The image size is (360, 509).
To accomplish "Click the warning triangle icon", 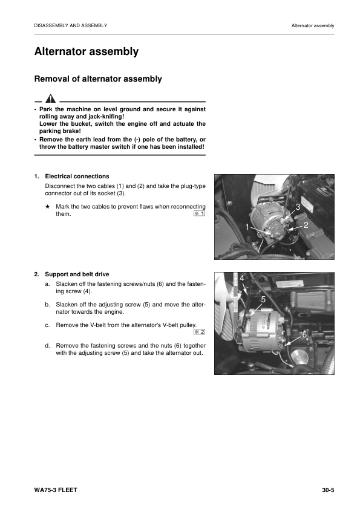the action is tap(50, 98).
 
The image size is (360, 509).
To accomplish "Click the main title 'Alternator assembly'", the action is tap(87, 51).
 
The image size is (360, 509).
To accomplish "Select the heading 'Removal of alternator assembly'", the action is tap(98, 79).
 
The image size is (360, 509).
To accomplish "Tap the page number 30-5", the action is tap(328, 490).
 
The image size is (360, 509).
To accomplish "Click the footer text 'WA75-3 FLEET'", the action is tap(56, 490).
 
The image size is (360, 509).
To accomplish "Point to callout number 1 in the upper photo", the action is tap(247, 227).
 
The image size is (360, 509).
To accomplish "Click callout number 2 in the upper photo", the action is tap(306, 225).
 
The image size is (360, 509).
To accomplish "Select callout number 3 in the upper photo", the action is tap(298, 207).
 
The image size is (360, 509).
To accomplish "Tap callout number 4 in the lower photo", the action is tap(242, 278).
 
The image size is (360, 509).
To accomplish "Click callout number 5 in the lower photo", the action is tap(263, 299).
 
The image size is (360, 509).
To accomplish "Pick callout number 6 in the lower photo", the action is tap(304, 334).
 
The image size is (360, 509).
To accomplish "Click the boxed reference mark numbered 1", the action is tap(200, 213).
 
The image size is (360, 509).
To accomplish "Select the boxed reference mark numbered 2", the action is tap(200, 332).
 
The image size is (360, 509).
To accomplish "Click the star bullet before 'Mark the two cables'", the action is tap(47, 207).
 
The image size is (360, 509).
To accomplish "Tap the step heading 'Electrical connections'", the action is tap(77, 177).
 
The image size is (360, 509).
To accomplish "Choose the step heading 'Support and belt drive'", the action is tap(77, 274).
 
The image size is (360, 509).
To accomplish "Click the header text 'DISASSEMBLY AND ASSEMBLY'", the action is tap(71, 25).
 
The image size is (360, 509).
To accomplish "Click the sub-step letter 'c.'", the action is tap(47, 325).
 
